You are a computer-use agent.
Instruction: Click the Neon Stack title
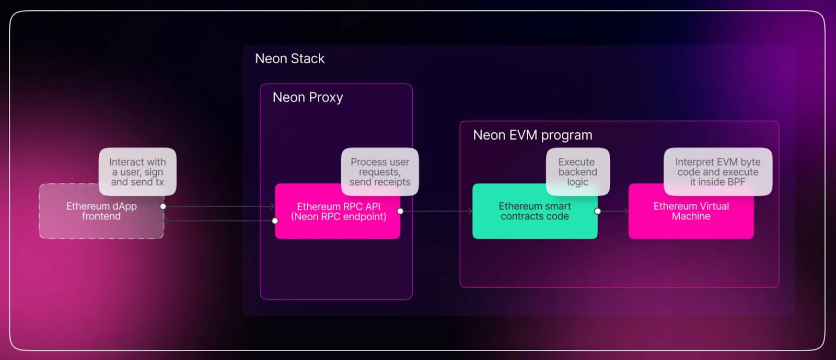click(x=289, y=59)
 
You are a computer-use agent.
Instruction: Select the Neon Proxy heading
click(x=308, y=97)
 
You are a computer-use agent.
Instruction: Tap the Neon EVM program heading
click(x=532, y=135)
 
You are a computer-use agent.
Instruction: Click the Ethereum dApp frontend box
click(x=101, y=211)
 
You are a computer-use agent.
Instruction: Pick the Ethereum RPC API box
click(x=338, y=211)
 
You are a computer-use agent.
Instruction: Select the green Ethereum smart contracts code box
click(x=535, y=211)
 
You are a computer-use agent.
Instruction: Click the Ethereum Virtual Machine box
click(x=691, y=211)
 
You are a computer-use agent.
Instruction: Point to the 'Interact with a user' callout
click(x=138, y=171)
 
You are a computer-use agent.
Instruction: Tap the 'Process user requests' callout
click(x=380, y=171)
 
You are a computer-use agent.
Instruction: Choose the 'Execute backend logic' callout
click(x=578, y=171)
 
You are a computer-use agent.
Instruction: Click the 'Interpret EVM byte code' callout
click(x=718, y=171)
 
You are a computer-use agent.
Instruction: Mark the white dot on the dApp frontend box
click(x=163, y=206)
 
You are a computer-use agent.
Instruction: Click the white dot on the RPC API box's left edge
click(x=275, y=221)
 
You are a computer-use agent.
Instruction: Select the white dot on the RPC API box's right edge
click(x=400, y=211)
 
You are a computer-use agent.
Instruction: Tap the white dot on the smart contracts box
click(x=598, y=211)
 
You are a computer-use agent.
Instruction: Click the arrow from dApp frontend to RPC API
click(x=219, y=206)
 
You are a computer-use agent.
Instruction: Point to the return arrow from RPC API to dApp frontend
click(x=219, y=221)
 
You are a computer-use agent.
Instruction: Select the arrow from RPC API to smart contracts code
click(x=436, y=211)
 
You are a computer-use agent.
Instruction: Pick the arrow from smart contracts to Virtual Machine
click(x=613, y=211)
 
